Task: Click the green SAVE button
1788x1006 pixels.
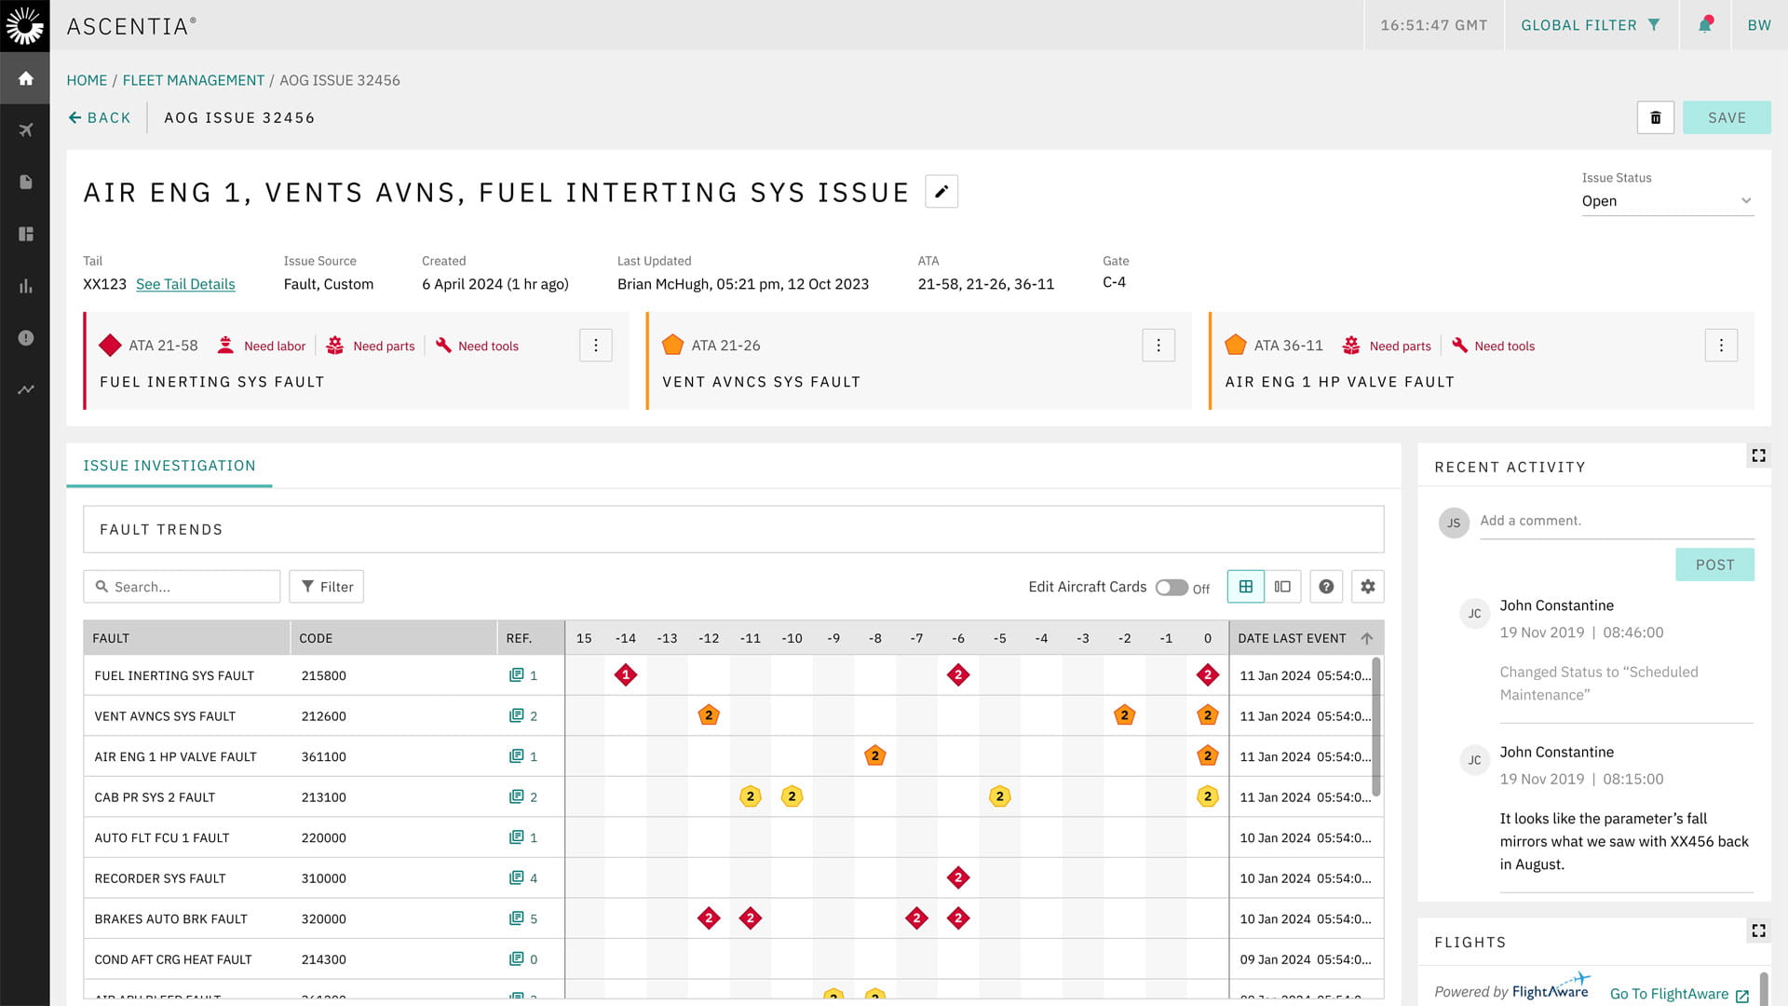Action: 1726,117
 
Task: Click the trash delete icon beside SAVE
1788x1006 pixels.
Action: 1655,117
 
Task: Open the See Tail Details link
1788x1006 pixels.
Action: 185,284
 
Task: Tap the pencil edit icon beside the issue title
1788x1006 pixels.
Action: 941,191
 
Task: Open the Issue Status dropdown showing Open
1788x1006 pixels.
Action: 1666,201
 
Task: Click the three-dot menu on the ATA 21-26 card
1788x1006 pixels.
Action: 1158,346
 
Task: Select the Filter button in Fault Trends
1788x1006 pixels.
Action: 326,587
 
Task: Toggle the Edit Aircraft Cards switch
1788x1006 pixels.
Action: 1171,588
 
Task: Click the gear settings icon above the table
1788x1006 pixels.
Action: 1367,587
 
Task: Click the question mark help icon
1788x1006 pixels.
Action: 1326,587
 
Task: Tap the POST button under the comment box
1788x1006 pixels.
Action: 1714,564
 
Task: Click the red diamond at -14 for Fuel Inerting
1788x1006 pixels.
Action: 626,675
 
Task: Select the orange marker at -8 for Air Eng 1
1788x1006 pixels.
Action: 874,756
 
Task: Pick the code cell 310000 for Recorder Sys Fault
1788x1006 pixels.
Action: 324,878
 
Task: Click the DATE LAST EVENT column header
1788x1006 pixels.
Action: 1292,638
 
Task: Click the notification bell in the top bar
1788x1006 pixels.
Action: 1705,25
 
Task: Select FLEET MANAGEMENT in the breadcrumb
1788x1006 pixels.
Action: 194,80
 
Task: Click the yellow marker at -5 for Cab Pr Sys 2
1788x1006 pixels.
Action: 999,797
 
